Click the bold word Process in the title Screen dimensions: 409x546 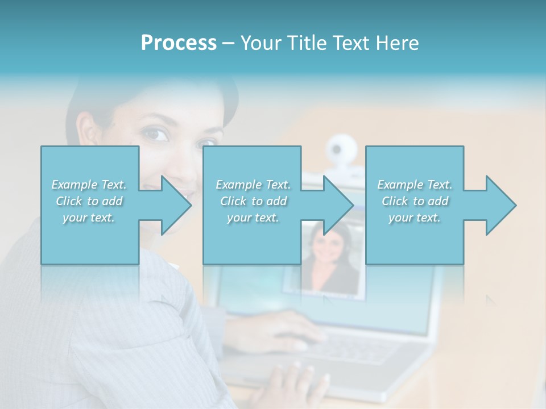(179, 43)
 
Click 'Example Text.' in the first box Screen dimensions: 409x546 (89, 184)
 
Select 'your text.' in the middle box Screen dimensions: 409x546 (253, 218)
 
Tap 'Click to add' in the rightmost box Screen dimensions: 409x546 (415, 201)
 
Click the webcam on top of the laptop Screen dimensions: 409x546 (341, 149)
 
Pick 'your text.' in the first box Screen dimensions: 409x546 (89, 218)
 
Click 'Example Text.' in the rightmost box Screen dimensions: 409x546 (415, 184)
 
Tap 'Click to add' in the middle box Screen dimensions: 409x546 (253, 201)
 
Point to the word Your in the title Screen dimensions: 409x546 (260, 43)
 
